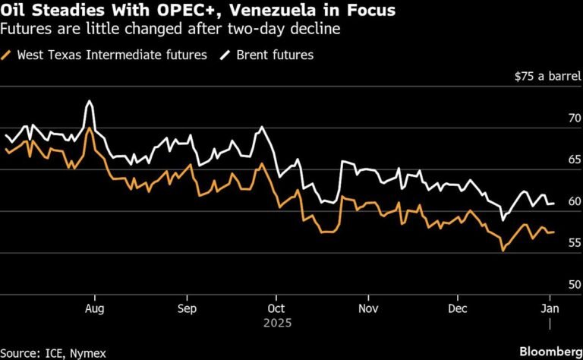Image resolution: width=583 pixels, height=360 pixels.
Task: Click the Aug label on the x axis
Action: (94, 308)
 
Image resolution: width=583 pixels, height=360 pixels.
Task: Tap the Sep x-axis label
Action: (187, 308)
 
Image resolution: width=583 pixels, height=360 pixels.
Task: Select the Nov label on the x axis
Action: (368, 308)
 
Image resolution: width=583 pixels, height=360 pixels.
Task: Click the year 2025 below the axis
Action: (277, 323)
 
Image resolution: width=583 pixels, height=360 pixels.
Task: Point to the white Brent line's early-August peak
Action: (90, 101)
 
